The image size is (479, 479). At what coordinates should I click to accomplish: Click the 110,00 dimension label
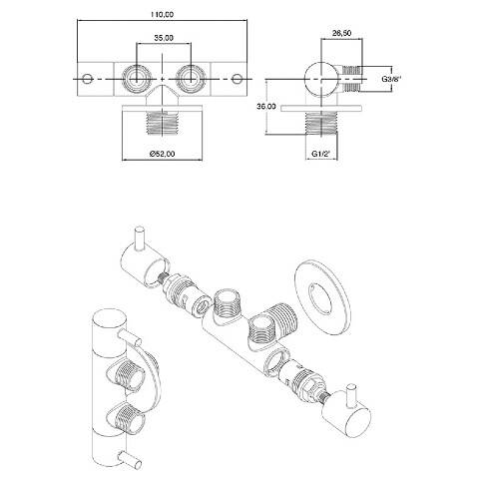coord(162,14)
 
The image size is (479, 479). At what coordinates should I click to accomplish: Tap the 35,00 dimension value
coord(164,38)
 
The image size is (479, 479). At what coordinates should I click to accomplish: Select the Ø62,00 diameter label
coord(163,154)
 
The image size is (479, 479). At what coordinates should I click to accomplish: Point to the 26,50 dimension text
coord(341,33)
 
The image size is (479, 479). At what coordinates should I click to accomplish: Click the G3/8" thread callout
coord(391,79)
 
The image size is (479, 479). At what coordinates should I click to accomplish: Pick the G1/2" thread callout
coord(320,154)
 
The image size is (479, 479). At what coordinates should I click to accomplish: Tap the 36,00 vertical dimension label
coord(266,106)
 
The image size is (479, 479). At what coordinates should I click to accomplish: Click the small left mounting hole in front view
coord(87,79)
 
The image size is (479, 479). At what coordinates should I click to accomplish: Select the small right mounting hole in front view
coord(237,79)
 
